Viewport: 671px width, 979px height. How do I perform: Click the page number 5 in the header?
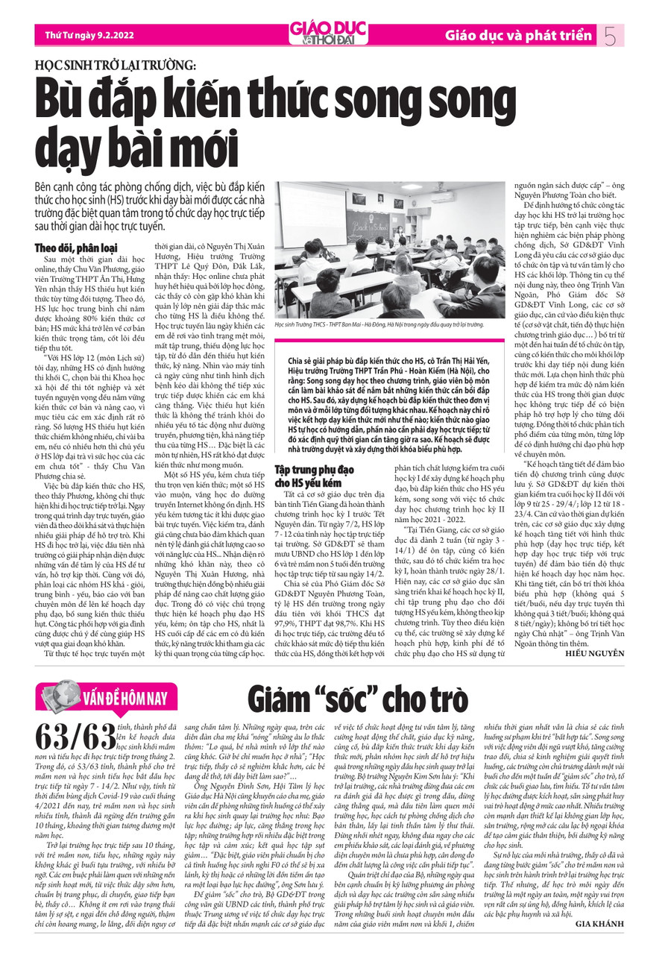pyautogui.click(x=611, y=34)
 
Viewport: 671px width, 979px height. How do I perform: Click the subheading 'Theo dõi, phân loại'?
pyautogui.click(x=76, y=248)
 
